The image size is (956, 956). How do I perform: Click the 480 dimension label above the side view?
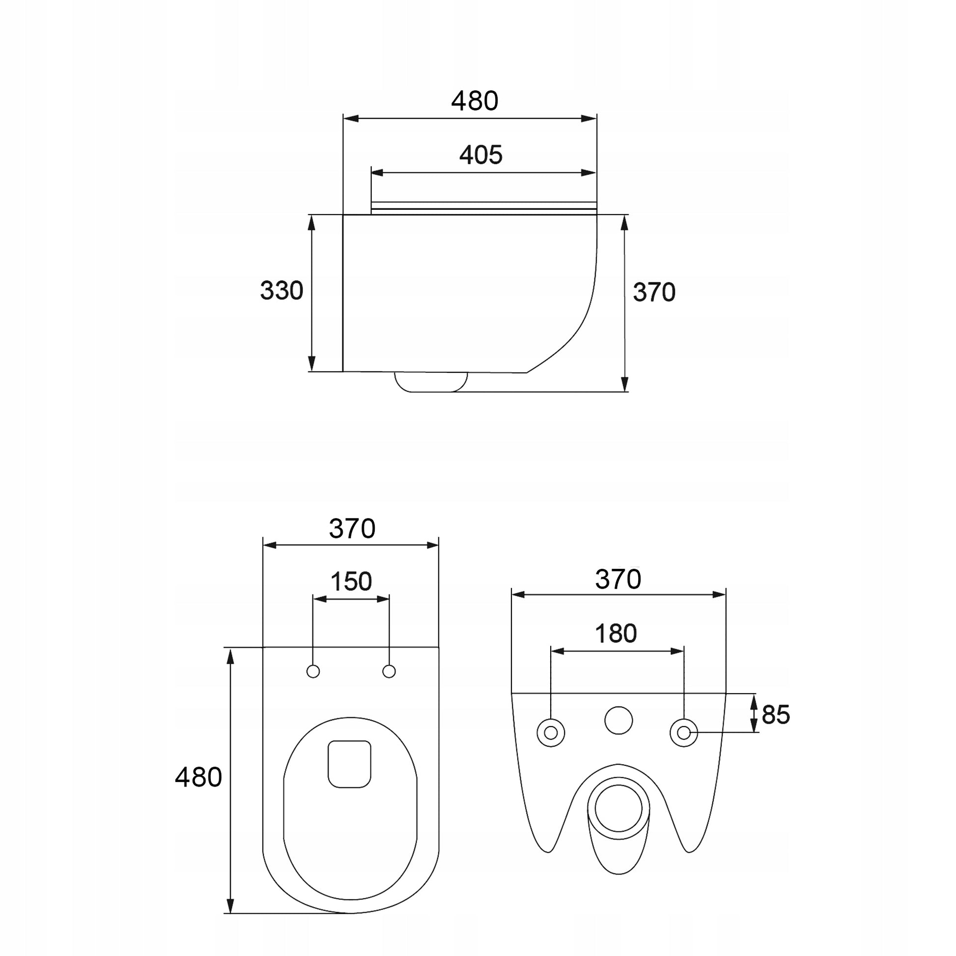click(x=475, y=101)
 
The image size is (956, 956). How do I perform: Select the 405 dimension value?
click(x=481, y=155)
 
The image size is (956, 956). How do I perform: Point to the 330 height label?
click(x=281, y=290)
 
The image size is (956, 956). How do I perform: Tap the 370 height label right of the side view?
click(x=654, y=292)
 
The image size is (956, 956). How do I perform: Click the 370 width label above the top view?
click(x=352, y=529)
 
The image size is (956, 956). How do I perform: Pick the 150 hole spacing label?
click(x=351, y=582)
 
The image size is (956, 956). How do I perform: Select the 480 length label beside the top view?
click(x=198, y=777)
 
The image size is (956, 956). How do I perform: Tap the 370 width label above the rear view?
click(x=618, y=579)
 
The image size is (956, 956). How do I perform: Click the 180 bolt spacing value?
click(x=616, y=633)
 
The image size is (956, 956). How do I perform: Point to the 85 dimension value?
click(x=776, y=714)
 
